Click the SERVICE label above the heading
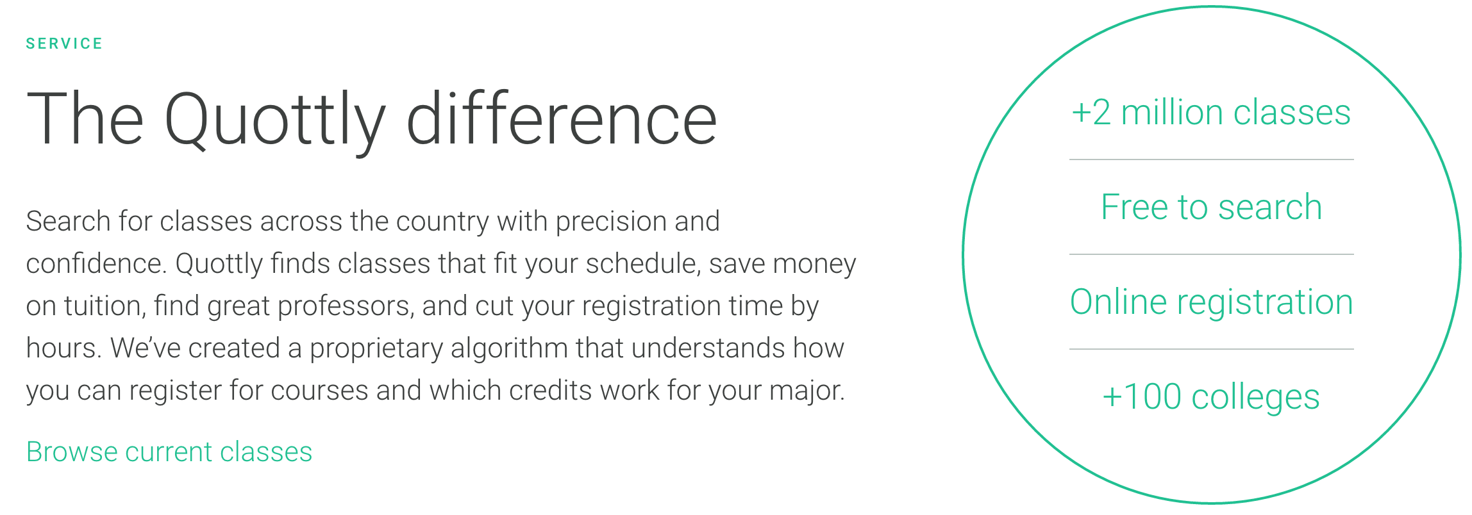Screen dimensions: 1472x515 coord(64,44)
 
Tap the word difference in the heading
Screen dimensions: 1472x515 coord(562,119)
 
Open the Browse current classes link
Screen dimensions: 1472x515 coord(169,452)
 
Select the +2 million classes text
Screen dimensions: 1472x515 coord(1211,113)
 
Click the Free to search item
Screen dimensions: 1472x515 coord(1211,207)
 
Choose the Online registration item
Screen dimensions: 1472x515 coord(1211,302)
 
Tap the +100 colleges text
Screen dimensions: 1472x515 coord(1211,396)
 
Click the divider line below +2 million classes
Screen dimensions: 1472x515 coord(1211,159)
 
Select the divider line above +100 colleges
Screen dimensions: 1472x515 coord(1211,349)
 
